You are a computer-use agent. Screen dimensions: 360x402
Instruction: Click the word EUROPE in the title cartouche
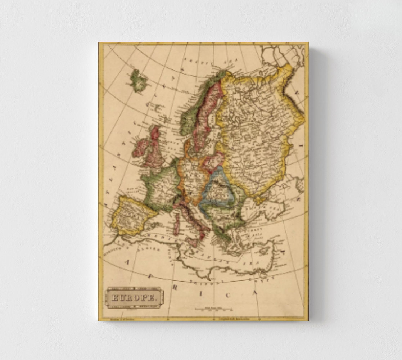[134, 298]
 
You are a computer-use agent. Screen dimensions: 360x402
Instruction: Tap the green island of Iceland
[139, 81]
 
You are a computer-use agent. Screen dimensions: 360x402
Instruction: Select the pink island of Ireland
[141, 148]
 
